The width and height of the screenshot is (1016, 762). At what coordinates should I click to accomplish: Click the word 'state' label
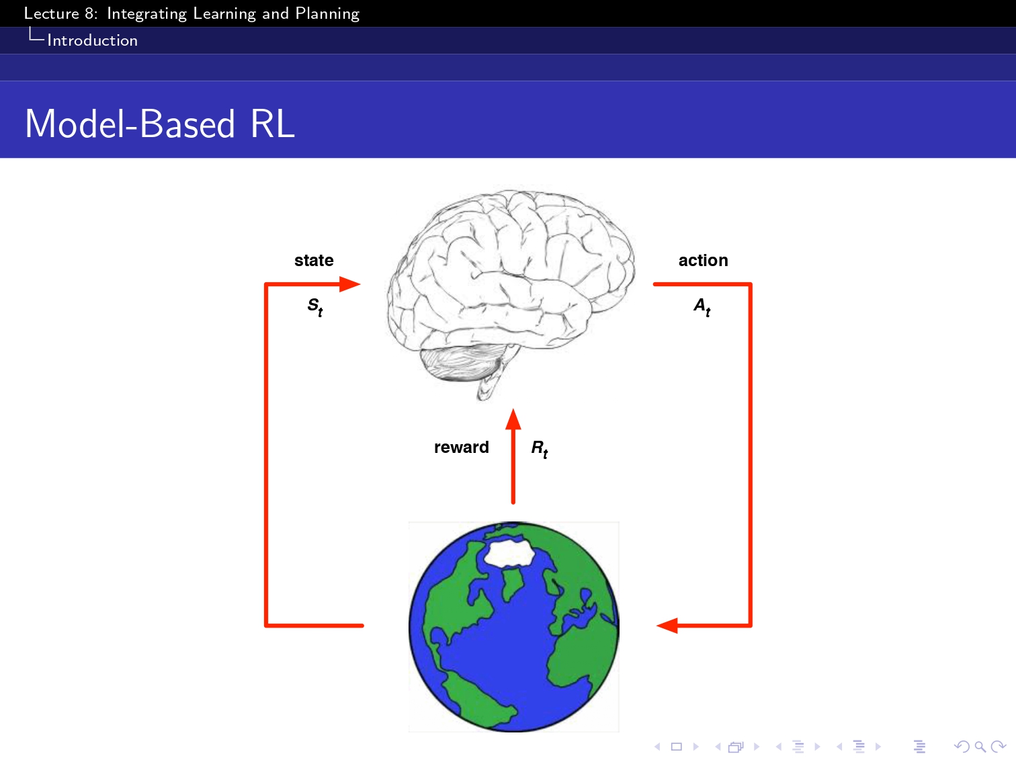314,261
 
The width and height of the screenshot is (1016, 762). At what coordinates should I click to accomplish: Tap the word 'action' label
703,261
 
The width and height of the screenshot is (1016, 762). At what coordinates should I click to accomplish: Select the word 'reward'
461,448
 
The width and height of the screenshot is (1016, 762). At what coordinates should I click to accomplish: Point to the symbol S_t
315,306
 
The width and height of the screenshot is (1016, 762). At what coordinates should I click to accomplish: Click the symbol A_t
702,306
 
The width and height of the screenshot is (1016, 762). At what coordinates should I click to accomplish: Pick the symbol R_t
540,449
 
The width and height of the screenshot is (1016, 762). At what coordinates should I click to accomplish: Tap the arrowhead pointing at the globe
667,626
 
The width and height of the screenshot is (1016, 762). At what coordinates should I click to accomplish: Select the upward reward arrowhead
513,419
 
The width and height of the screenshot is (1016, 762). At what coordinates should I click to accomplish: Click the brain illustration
511,282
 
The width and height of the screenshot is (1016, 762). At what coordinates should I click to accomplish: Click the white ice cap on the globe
509,554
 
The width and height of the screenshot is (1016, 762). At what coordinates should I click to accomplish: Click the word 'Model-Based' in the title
130,124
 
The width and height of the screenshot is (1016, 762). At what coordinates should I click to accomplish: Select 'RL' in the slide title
273,124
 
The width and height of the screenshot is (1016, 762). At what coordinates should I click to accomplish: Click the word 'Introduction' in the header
92,40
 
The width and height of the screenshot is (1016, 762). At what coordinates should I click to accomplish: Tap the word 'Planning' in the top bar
327,13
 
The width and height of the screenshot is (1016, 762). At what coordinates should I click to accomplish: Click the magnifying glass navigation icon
980,747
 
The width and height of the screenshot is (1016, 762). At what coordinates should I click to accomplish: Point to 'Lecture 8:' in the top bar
60,13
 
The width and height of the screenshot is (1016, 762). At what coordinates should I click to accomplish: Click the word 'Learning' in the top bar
224,13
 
